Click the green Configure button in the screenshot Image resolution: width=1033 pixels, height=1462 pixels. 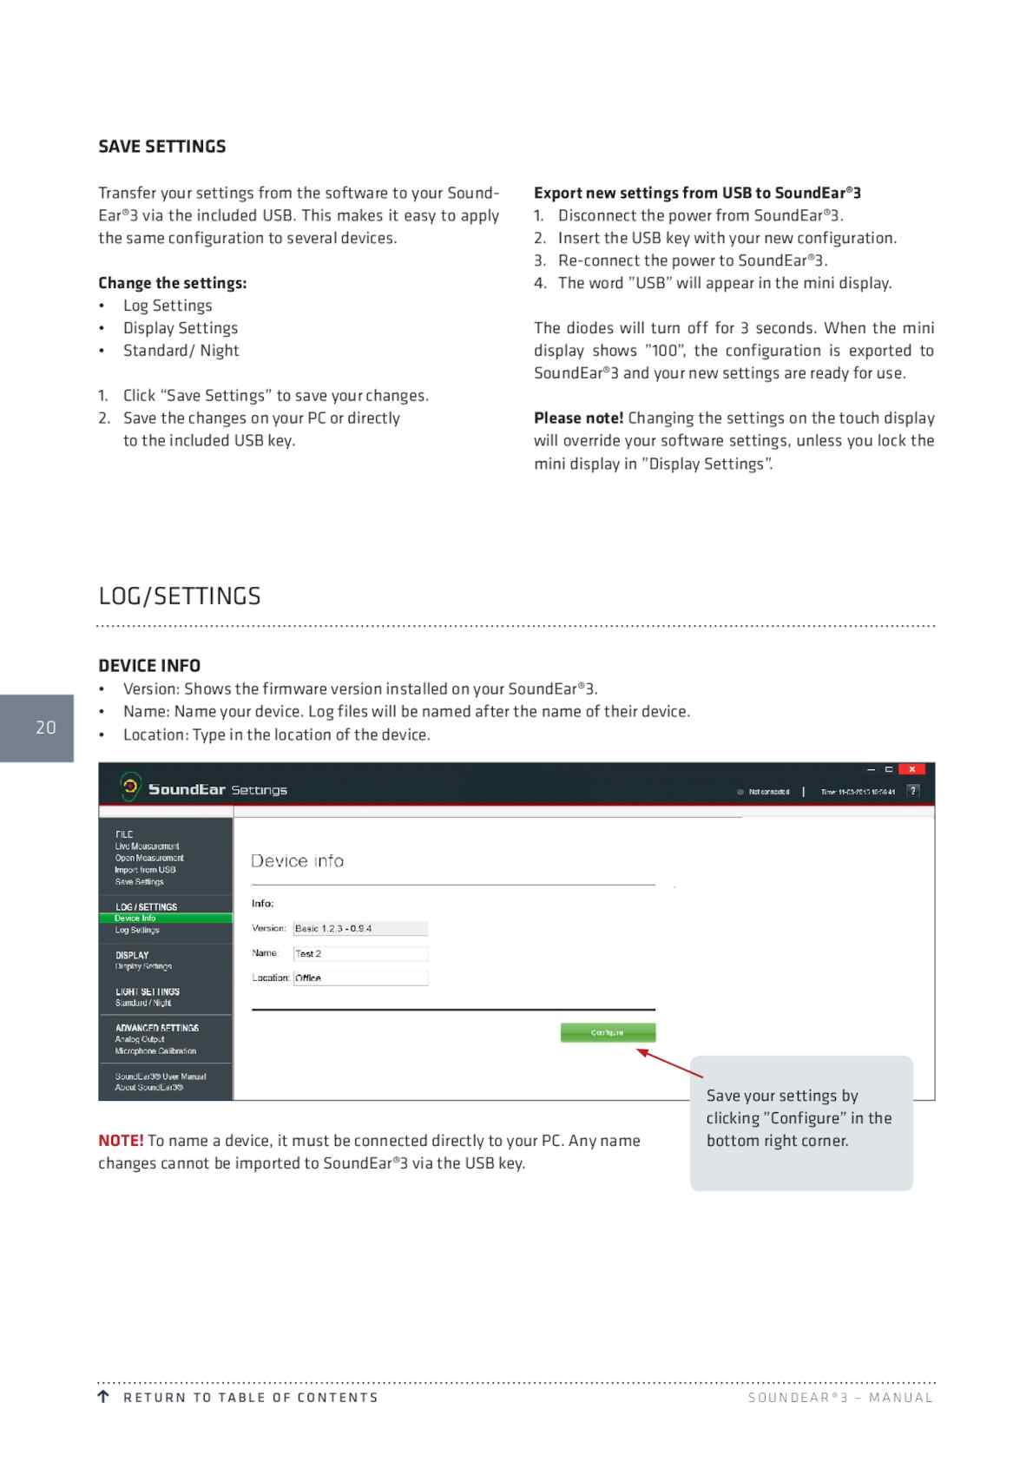608,1032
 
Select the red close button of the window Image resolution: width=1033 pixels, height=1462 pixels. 911,769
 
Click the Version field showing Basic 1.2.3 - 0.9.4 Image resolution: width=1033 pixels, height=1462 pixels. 360,928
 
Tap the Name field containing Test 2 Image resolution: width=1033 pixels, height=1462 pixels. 360,953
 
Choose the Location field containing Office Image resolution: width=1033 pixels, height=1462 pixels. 360,978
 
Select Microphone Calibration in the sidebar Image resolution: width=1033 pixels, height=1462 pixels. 155,1050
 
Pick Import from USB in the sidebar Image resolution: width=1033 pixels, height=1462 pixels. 145,869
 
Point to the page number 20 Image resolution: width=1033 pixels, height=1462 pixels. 45,728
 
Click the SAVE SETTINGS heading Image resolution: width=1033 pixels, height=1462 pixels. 162,147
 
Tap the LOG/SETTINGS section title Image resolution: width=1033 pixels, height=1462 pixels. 180,596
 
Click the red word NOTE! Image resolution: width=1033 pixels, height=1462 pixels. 121,1141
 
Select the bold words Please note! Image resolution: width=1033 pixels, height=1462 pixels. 578,418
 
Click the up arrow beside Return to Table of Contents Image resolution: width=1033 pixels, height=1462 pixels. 104,1397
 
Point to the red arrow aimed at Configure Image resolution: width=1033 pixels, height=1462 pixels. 669,1064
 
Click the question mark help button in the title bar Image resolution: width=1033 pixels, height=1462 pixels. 912,791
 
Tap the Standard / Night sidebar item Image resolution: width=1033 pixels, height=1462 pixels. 143,1003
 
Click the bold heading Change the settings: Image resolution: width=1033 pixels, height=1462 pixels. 172,283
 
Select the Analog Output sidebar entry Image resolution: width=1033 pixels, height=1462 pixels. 140,1039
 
